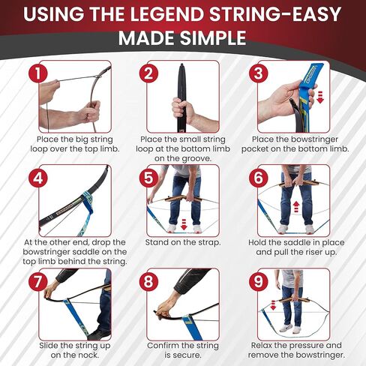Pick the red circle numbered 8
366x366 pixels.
[148, 283]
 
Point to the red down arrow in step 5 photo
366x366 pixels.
[173, 225]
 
